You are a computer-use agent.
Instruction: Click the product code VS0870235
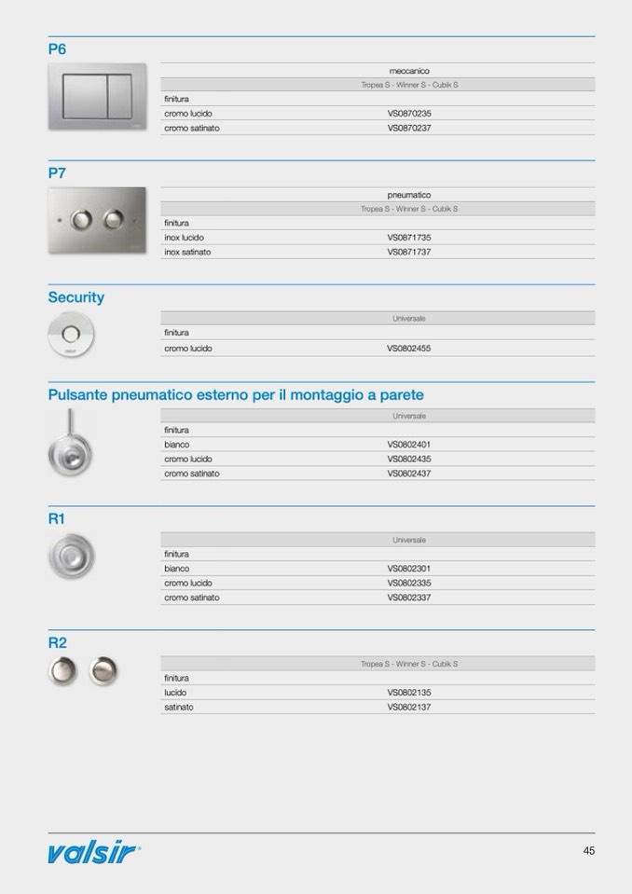coord(409,114)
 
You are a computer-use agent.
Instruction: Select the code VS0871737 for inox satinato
coord(409,252)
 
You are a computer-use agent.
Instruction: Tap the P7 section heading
coord(58,173)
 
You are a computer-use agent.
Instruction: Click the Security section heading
coord(76,297)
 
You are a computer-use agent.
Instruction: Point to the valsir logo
coord(94,852)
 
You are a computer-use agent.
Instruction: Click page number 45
coord(589,850)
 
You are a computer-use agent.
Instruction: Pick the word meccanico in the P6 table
coord(409,71)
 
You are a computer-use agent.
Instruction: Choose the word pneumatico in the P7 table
coord(409,195)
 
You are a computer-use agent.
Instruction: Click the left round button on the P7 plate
coord(82,220)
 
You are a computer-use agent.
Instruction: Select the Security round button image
coord(71,334)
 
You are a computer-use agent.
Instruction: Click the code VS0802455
coord(409,349)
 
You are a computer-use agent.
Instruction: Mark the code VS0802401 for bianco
coord(409,445)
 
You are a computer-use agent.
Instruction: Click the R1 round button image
coord(72,557)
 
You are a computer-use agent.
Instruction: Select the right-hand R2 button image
coord(103,670)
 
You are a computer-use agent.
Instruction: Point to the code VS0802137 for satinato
coord(409,708)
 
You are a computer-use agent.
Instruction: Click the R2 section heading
coord(58,643)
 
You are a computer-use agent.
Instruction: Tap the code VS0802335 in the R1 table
coord(409,584)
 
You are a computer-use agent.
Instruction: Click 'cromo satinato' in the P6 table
coord(192,128)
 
